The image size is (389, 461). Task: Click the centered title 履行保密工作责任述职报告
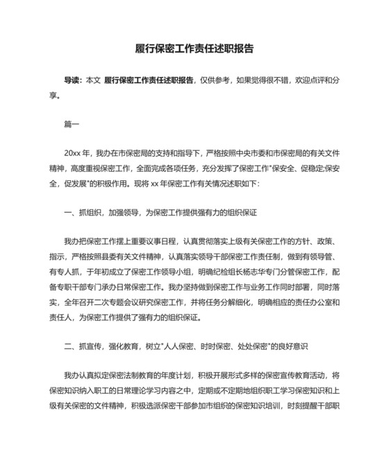click(194, 49)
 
